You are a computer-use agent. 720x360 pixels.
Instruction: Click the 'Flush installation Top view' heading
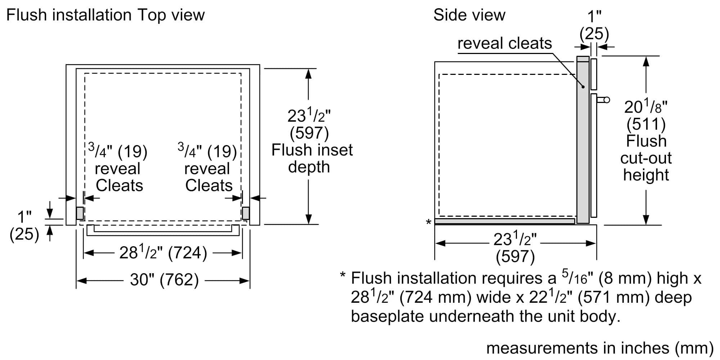point(105,15)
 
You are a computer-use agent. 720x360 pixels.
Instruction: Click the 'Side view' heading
point(469,15)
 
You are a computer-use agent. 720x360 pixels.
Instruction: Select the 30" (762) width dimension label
point(164,280)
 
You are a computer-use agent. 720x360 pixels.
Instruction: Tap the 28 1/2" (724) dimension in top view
point(163,252)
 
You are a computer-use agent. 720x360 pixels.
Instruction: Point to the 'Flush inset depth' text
point(312,158)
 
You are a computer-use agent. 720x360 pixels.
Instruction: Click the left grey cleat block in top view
point(80,213)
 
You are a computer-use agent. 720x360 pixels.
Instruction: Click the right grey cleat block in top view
point(246,213)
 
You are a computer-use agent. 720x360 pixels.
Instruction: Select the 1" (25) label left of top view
point(24,226)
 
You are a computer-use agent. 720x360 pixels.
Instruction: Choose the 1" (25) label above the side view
point(594,25)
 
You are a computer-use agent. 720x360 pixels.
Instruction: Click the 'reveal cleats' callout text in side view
point(504,44)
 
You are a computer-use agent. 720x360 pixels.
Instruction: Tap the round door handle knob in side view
point(607,100)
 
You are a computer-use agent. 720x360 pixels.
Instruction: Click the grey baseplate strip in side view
point(504,221)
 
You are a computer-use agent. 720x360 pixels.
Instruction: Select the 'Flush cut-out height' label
point(646,158)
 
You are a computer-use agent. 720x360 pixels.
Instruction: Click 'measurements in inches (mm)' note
point(599,348)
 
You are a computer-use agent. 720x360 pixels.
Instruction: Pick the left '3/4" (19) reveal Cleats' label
point(118,168)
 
